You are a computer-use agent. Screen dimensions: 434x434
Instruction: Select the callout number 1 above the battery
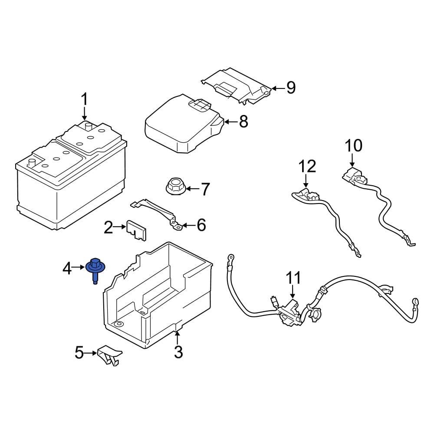pos(85,100)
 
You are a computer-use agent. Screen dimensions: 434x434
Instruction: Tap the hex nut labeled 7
pos(174,188)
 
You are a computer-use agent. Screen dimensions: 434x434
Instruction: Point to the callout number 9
pos(290,88)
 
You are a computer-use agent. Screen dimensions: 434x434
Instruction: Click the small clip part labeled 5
pos(108,355)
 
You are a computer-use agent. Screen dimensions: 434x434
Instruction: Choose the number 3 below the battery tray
pos(178,352)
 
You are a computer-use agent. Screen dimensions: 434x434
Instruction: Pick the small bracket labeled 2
pos(136,230)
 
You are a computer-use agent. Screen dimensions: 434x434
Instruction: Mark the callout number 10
pos(353,145)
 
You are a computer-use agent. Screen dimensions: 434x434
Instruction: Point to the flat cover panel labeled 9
pos(237,85)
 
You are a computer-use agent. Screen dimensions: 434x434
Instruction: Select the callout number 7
pos(204,189)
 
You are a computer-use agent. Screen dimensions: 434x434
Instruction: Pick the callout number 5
pos(79,353)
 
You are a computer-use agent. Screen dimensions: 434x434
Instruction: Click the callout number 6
pos(201,225)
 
